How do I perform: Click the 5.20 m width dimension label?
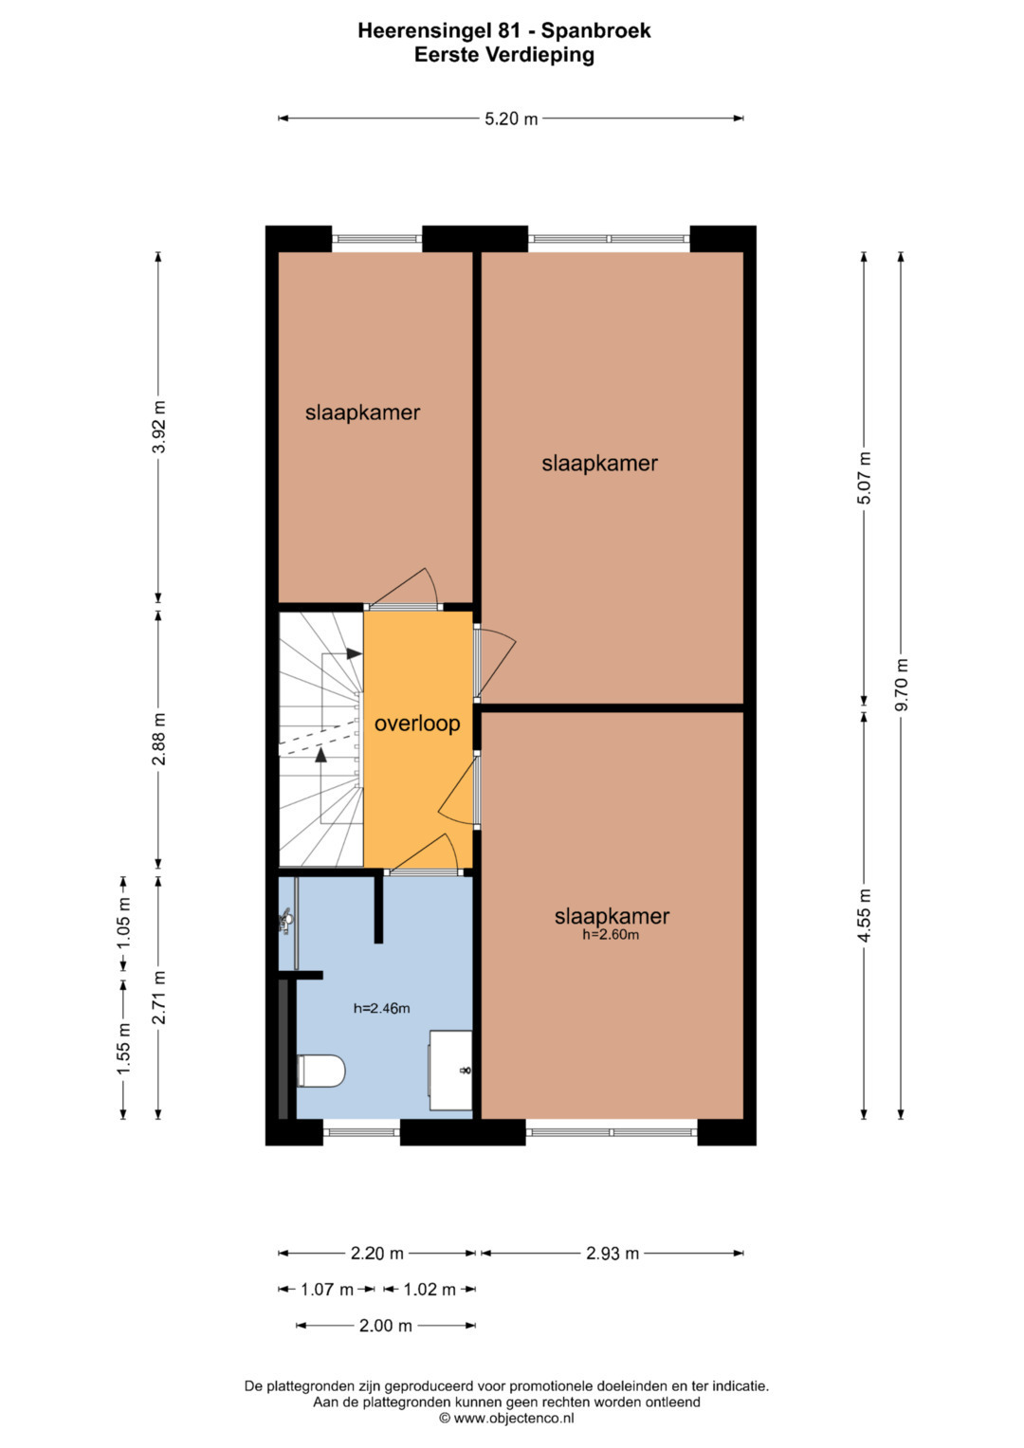pyautogui.click(x=511, y=119)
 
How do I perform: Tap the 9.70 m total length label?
pyautogui.click(x=902, y=685)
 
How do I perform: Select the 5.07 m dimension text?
pyautogui.click(x=865, y=478)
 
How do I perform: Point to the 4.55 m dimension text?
pyautogui.click(x=865, y=915)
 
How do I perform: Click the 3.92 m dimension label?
pyautogui.click(x=159, y=427)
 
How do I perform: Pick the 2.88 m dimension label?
pyautogui.click(x=159, y=739)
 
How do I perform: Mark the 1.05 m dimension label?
pyautogui.click(x=124, y=923)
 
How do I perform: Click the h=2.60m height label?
pyautogui.click(x=611, y=934)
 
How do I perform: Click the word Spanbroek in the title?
pyautogui.click(x=596, y=30)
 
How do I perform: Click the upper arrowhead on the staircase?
pyautogui.click(x=354, y=653)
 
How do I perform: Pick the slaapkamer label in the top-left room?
pyautogui.click(x=362, y=412)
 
